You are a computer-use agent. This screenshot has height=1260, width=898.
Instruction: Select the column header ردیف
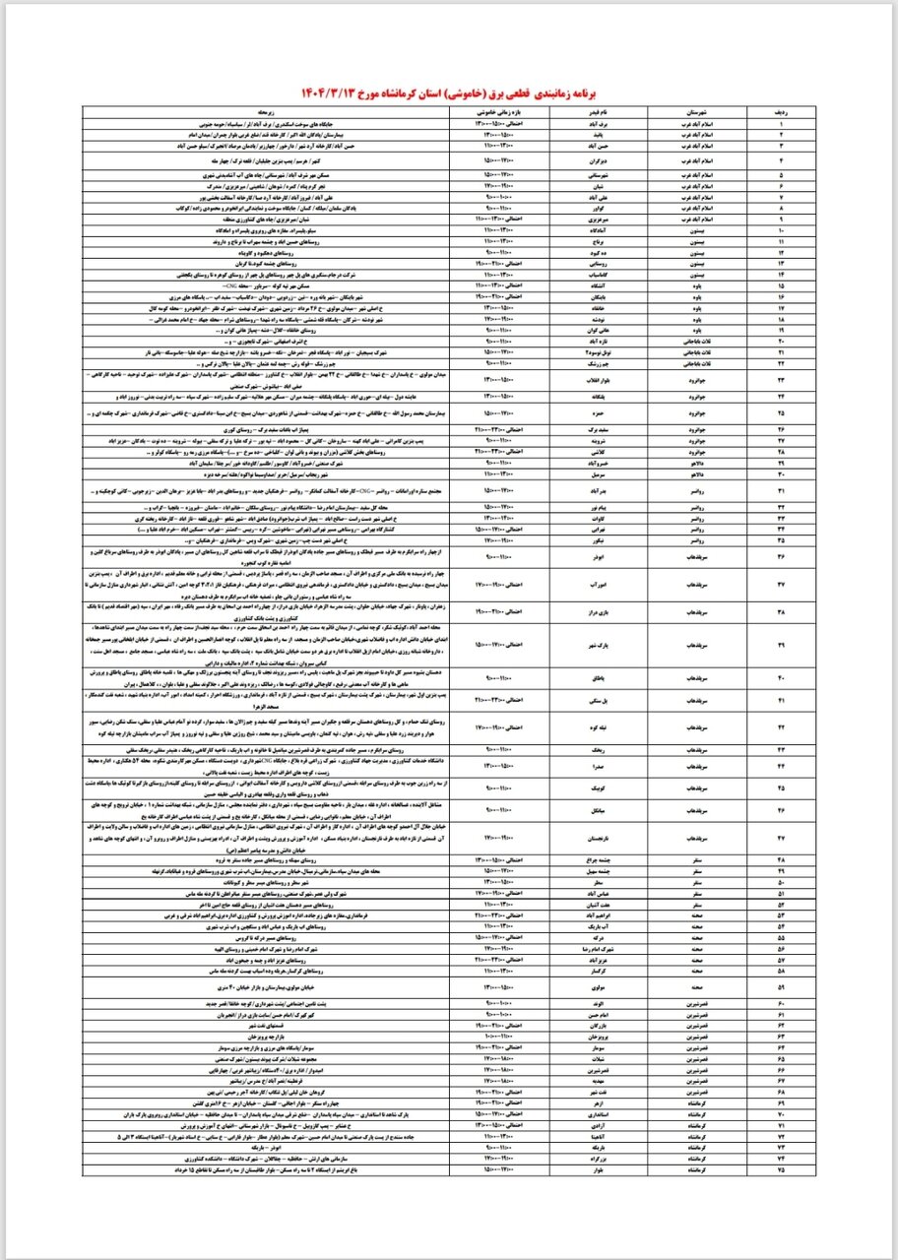[782, 114]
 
